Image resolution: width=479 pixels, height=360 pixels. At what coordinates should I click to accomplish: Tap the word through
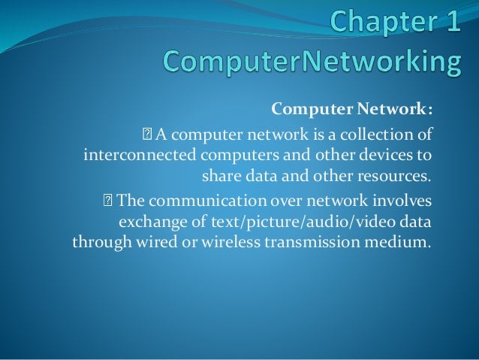tap(98, 243)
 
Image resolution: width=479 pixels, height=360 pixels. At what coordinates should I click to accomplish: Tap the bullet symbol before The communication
tap(108, 201)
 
